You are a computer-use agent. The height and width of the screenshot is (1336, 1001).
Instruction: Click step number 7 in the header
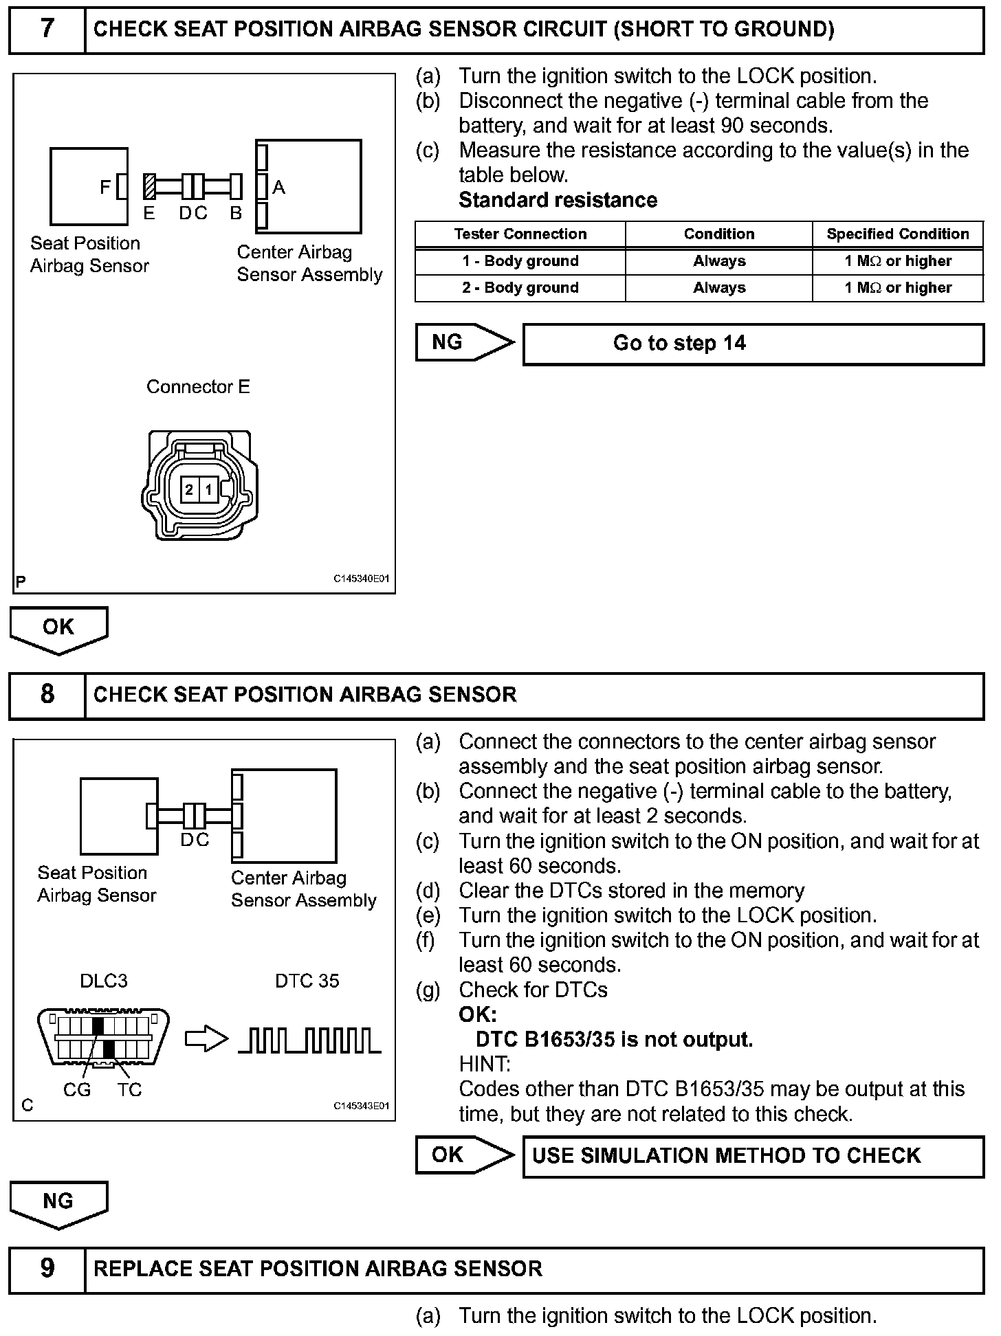coord(47,29)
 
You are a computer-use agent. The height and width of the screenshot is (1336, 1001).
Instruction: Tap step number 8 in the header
coord(47,694)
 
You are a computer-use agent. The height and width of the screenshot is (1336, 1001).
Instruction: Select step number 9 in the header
coord(47,1268)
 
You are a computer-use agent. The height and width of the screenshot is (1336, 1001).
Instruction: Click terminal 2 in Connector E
coord(189,490)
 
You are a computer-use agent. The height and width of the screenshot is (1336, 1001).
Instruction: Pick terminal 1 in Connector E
coord(208,490)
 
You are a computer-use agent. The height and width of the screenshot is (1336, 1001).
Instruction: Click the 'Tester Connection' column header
coord(520,234)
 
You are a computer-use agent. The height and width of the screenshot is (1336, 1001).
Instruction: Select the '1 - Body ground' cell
coord(520,261)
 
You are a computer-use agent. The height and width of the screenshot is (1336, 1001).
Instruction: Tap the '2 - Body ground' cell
coord(520,288)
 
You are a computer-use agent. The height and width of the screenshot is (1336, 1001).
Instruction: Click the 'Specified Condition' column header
coord(897,234)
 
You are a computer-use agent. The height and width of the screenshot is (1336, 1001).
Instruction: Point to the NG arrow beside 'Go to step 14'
coord(463,342)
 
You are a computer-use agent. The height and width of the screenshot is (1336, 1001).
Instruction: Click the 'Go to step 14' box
coord(753,344)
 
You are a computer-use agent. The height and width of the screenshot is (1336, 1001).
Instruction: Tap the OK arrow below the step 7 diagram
coord(58,629)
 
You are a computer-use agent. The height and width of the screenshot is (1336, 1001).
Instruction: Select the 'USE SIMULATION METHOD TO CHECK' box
coord(753,1155)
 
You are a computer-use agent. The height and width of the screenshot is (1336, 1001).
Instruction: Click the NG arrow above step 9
coord(58,1203)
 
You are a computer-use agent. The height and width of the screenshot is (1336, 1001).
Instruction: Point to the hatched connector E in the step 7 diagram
coord(148,186)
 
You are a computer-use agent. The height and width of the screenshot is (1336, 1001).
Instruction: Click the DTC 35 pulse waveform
coord(309,1040)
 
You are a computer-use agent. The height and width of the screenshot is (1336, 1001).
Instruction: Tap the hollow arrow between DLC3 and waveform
coord(206,1039)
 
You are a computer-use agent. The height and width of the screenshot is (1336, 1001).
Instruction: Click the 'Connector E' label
coord(198,387)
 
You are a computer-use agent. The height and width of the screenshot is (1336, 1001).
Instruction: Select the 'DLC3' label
coord(104,981)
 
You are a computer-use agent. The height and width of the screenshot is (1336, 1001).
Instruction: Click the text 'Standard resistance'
coord(558,200)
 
